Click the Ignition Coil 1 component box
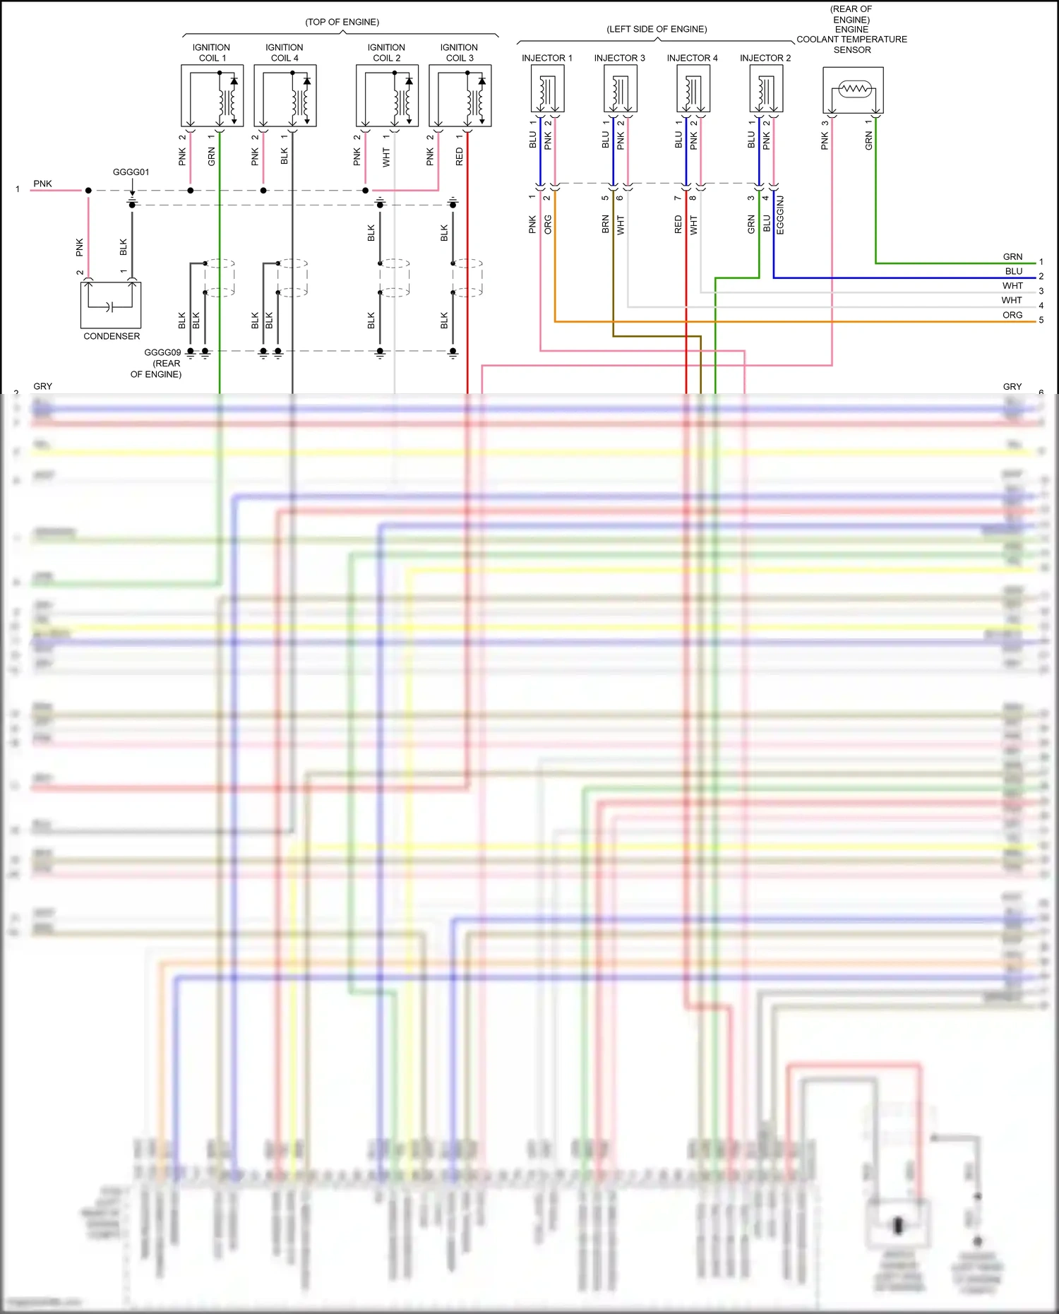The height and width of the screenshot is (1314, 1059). (x=212, y=95)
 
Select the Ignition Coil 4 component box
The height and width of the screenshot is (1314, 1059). (x=285, y=95)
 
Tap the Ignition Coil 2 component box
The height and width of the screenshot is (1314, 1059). (x=387, y=95)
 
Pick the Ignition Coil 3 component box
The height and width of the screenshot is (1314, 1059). (x=460, y=95)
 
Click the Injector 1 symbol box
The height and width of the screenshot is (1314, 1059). (x=547, y=88)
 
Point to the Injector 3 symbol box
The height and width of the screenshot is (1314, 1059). (x=621, y=88)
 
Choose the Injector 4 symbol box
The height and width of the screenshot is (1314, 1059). (x=693, y=88)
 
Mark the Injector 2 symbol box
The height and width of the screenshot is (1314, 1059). (x=766, y=88)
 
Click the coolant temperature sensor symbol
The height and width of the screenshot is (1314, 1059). (x=853, y=90)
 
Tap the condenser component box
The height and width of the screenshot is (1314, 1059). (x=111, y=305)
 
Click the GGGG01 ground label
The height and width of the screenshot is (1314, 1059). (x=131, y=172)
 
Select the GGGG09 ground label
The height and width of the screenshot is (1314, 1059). (x=162, y=352)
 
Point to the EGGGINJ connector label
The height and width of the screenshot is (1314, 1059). (x=780, y=215)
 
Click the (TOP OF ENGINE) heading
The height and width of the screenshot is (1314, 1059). (x=342, y=23)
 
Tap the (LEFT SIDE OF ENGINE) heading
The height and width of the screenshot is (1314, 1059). (x=657, y=30)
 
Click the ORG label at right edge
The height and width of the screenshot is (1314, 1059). (x=1012, y=315)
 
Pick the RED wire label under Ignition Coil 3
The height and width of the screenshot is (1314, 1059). (x=460, y=157)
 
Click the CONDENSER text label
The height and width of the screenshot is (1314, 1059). (x=112, y=337)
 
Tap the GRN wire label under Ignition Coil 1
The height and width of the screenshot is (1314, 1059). (x=211, y=157)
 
